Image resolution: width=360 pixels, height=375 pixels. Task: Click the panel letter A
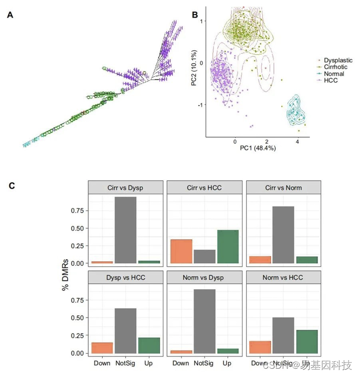(x=10, y=15)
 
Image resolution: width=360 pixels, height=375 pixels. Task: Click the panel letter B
(x=196, y=15)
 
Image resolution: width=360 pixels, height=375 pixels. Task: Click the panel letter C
(x=13, y=185)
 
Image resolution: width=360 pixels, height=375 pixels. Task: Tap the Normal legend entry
(x=334, y=74)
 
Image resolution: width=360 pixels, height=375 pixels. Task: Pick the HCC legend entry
(x=330, y=80)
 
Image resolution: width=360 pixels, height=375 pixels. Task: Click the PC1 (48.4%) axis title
(x=258, y=148)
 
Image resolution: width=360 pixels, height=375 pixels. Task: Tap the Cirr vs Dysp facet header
(x=126, y=187)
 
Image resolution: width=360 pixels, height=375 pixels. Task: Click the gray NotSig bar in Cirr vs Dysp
(x=126, y=230)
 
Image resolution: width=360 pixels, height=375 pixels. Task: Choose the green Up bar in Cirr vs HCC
(x=228, y=247)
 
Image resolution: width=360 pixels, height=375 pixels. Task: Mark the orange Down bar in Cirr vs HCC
(x=181, y=251)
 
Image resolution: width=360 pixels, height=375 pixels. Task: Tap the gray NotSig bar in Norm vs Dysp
(x=205, y=321)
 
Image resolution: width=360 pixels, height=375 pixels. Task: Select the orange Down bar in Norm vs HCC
(x=259, y=347)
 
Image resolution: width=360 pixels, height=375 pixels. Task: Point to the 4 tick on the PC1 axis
(x=297, y=141)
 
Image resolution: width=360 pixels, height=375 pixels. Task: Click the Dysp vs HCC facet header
(x=126, y=277)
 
